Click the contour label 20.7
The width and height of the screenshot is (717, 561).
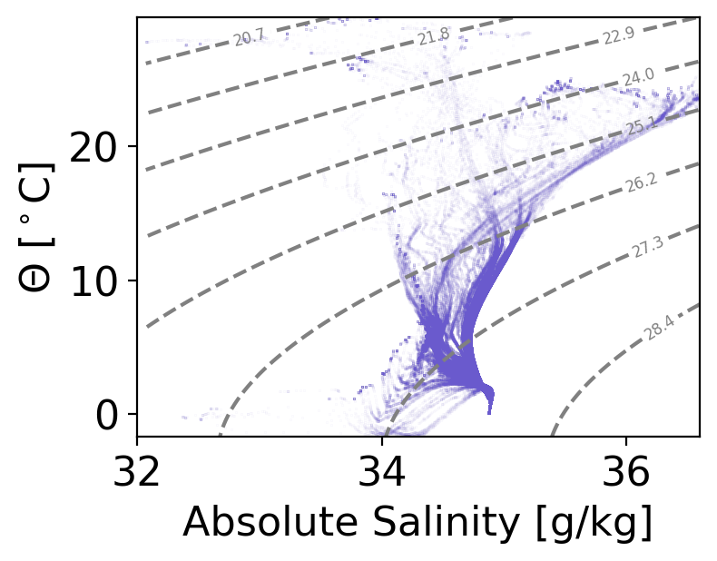(248, 38)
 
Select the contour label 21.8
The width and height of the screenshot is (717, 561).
(434, 37)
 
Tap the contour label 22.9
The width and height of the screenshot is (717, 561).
(618, 36)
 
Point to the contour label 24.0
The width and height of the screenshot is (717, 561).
(638, 78)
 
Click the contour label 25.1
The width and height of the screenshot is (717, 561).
(642, 127)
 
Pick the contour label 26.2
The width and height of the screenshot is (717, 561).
(640, 184)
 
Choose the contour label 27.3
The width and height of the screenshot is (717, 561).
(649, 248)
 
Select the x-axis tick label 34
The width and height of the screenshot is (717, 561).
(383, 475)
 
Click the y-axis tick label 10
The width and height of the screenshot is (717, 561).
(93, 280)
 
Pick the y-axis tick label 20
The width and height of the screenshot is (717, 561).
(93, 147)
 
